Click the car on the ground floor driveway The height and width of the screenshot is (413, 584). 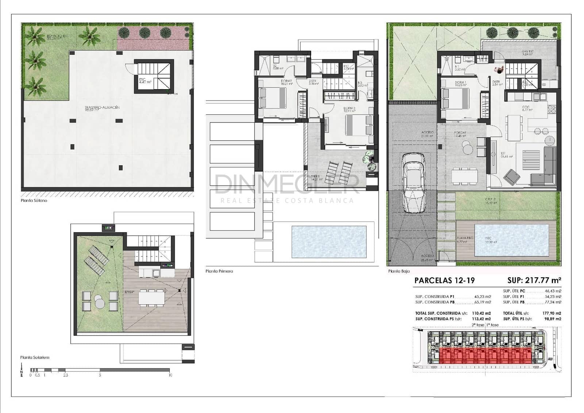(x=414, y=183)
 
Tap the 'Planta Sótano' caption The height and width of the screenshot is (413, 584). (x=34, y=201)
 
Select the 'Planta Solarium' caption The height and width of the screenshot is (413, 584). (x=35, y=357)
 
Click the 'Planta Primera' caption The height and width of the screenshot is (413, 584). (x=219, y=271)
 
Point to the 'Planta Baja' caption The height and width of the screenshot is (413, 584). (x=399, y=271)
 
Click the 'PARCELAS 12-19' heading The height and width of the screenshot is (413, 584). (x=445, y=281)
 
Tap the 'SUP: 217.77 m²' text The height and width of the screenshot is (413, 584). (x=534, y=280)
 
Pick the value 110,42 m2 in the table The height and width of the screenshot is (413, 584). (x=481, y=313)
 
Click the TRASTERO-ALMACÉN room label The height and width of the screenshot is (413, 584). (x=102, y=108)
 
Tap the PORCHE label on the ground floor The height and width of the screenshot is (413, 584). (x=460, y=133)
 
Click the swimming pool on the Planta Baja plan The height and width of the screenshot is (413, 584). (x=512, y=240)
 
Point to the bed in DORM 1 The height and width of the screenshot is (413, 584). (x=455, y=98)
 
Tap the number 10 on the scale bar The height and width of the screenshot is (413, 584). (x=170, y=375)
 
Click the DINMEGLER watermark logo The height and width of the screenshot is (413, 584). (x=287, y=184)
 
